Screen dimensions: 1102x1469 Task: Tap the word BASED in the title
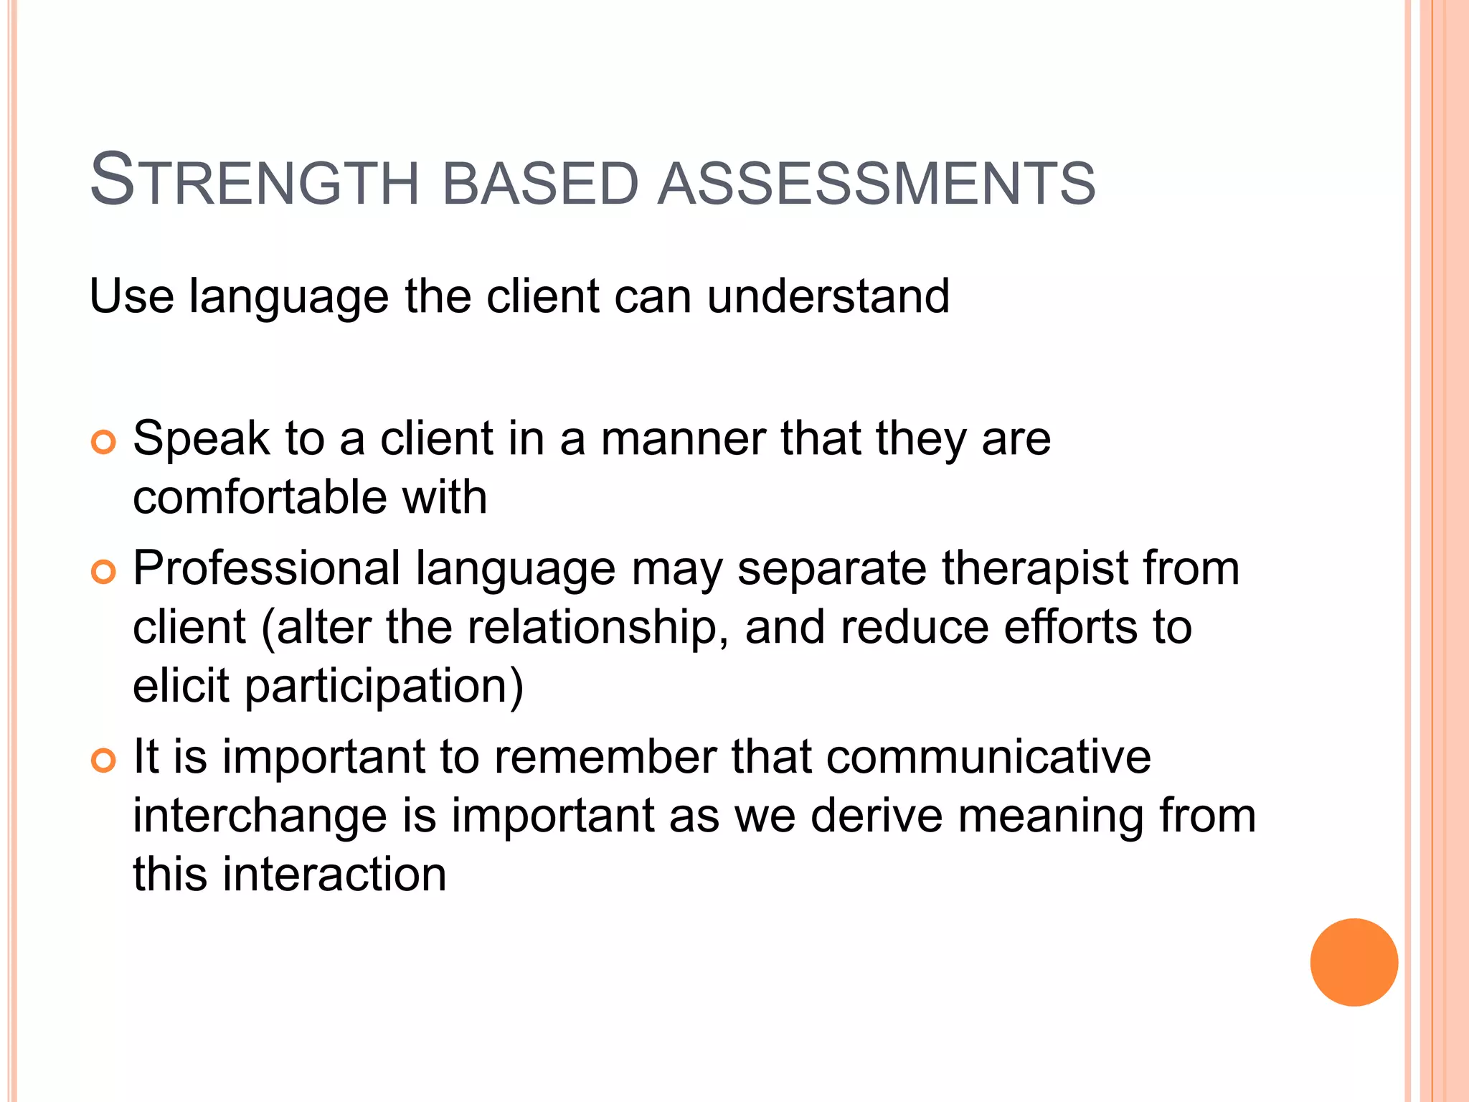pos(540,184)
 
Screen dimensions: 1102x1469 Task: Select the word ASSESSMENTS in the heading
pos(877,184)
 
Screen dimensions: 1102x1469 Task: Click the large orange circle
pos(1354,962)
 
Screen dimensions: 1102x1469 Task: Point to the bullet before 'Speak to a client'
pos(104,443)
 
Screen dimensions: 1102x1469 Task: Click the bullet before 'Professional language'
pos(104,573)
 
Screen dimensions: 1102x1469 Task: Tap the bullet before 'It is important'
pos(104,760)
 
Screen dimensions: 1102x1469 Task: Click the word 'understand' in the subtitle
pos(828,296)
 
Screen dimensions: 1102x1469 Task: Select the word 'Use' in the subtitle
pos(131,296)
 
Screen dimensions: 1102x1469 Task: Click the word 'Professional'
pos(267,569)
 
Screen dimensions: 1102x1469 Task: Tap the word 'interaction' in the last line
pos(334,875)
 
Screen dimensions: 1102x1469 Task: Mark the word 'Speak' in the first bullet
pos(202,439)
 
